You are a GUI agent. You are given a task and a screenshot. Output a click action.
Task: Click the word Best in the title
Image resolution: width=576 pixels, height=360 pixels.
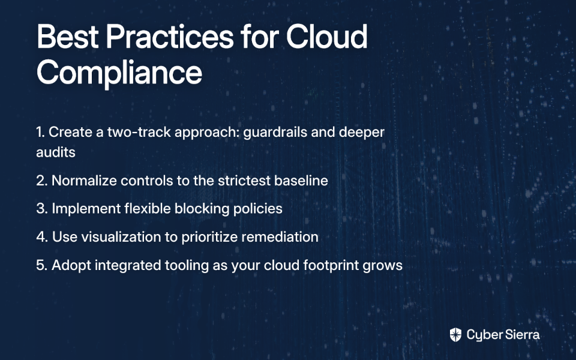click(68, 37)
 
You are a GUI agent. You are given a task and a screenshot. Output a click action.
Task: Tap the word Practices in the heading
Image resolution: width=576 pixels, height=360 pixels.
click(170, 37)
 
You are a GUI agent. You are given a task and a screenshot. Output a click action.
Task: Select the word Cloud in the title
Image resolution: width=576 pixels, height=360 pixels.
click(326, 37)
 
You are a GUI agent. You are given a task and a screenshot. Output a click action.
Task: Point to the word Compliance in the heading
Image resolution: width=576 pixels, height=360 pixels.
click(119, 73)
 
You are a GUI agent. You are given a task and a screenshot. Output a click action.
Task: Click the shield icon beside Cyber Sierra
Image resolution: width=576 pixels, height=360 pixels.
click(455, 335)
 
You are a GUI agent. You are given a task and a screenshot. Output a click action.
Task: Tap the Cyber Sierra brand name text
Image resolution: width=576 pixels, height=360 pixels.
click(503, 335)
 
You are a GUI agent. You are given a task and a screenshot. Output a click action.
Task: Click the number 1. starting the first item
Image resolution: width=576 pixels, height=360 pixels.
click(40, 132)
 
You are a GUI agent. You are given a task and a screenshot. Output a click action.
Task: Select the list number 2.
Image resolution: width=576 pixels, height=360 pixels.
click(42, 181)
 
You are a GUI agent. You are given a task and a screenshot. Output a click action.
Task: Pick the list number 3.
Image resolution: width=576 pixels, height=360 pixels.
click(42, 208)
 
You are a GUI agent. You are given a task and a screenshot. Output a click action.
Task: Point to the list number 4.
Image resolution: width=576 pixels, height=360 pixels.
click(42, 236)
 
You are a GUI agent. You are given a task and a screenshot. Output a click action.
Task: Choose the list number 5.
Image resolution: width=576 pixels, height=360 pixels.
click(42, 265)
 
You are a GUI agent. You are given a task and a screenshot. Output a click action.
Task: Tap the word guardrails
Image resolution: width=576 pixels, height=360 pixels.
click(275, 132)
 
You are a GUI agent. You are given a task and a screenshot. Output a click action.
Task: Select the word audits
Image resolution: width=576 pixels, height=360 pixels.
click(55, 152)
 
